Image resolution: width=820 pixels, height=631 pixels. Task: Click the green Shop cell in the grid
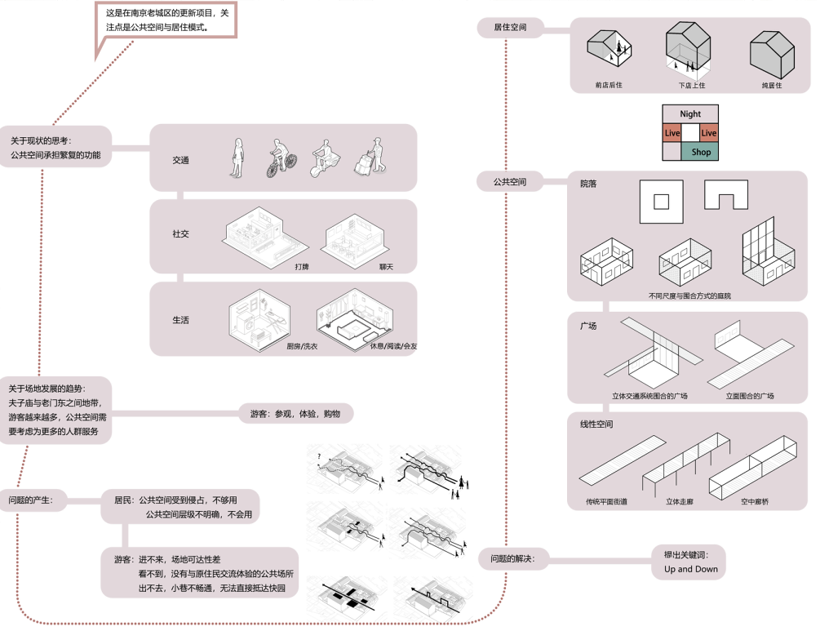coord(701,152)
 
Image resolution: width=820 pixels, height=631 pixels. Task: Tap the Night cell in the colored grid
coord(690,114)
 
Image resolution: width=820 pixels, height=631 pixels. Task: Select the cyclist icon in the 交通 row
coord(279,158)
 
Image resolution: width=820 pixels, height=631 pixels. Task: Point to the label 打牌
coord(302,267)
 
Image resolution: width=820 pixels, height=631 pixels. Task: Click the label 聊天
coord(386,267)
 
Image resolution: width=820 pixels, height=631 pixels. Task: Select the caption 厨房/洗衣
coord(302,347)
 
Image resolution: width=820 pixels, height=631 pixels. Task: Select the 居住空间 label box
coord(510,28)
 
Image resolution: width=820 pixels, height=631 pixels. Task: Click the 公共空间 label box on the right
coord(510,182)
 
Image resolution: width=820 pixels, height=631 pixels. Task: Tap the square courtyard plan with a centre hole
coord(662,202)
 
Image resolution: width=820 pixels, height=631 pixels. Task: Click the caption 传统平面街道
coord(606,502)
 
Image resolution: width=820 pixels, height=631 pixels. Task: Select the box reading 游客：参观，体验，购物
coord(295,414)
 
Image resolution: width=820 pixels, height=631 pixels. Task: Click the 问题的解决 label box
coord(512,559)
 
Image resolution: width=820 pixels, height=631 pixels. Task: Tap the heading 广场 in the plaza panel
coord(588,326)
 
